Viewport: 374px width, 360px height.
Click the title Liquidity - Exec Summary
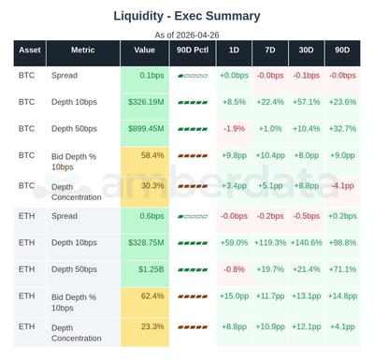[x=187, y=16]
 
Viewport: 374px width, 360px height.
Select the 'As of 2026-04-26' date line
[x=187, y=34]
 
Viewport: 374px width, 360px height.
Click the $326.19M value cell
[x=147, y=102]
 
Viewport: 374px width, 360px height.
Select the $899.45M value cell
[x=147, y=128]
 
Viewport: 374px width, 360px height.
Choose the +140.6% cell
[x=306, y=241]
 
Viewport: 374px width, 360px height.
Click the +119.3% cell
[x=269, y=241]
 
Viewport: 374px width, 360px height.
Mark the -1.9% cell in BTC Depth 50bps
[x=234, y=128]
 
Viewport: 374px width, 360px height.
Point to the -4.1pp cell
[x=343, y=185]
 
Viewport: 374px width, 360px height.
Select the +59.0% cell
[x=234, y=241]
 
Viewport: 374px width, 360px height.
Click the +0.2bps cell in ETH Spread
[x=343, y=215]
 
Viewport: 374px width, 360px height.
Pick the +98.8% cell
[x=343, y=241]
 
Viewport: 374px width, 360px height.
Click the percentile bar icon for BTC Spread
[x=192, y=74]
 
